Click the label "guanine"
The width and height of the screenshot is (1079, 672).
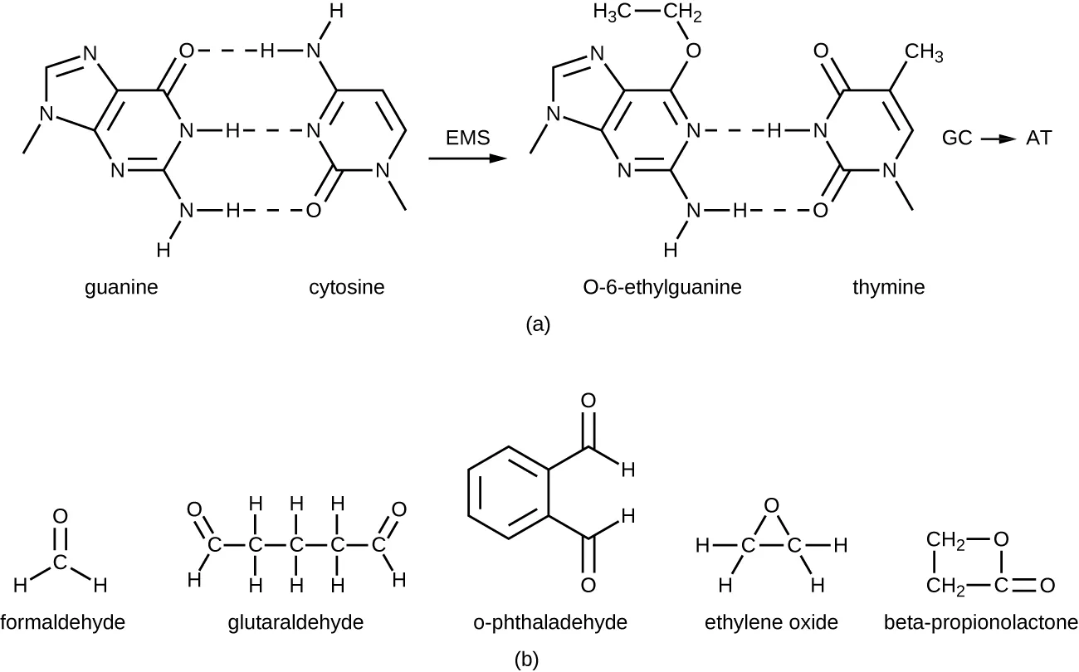[x=122, y=288]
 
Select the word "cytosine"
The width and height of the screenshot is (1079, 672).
[x=347, y=288]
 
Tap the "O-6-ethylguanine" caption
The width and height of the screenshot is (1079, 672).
[x=662, y=288]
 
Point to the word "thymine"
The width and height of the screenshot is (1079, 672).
[x=889, y=288]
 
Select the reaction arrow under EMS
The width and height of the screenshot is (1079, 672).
[x=467, y=157]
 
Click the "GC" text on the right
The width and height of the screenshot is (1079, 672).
[x=957, y=139]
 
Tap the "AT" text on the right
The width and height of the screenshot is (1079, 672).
[x=1038, y=139]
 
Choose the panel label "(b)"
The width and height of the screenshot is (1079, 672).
[x=526, y=660]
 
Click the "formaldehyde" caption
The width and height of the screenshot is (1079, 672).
[x=63, y=621]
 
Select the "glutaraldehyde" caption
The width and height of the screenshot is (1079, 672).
[x=295, y=621]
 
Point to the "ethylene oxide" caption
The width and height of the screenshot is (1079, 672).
[x=771, y=621]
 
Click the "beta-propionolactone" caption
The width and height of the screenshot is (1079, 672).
[x=980, y=621]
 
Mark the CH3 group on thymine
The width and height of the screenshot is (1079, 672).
[x=924, y=54]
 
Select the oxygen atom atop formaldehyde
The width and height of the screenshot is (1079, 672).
[x=59, y=516]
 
